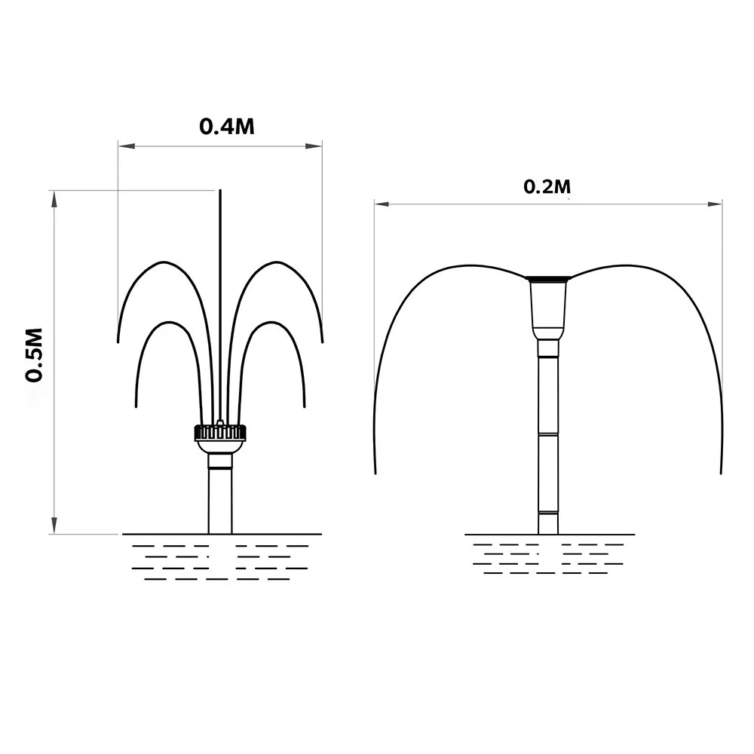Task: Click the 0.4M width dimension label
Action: pyautogui.click(x=226, y=126)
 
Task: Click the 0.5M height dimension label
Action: pyautogui.click(x=34, y=355)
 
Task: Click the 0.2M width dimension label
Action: pyautogui.click(x=547, y=186)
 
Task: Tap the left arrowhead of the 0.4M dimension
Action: pyautogui.click(x=127, y=146)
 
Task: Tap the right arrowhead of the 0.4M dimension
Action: pyautogui.click(x=314, y=146)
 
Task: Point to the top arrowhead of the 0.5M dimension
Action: pyautogui.click(x=54, y=199)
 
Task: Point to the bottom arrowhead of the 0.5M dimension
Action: pyautogui.click(x=54, y=525)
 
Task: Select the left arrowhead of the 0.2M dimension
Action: pyautogui.click(x=383, y=204)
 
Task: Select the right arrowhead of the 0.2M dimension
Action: pyautogui.click(x=714, y=204)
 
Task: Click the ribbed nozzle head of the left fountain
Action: pyautogui.click(x=220, y=432)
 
